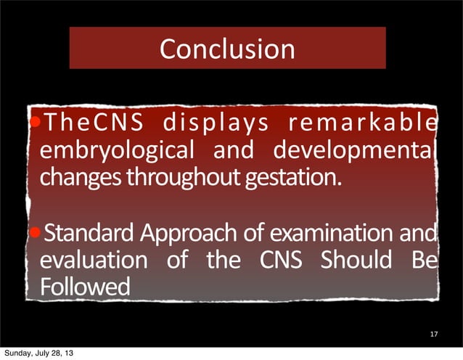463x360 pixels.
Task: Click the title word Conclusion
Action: [226, 49]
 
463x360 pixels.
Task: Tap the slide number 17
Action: [434, 335]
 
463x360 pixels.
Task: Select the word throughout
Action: [171, 179]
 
